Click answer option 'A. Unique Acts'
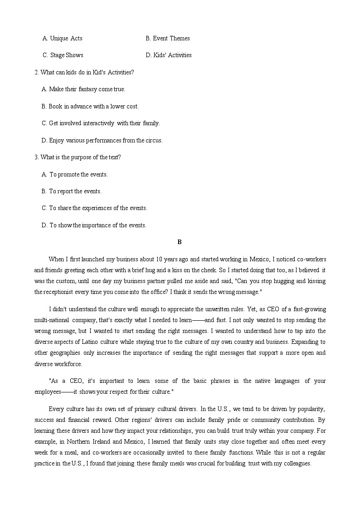[x=62, y=39]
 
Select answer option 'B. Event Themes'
[x=168, y=39]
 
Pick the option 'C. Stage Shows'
[x=63, y=55]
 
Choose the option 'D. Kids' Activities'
[x=169, y=55]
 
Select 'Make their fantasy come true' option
[x=83, y=89]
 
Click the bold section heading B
[x=180, y=242]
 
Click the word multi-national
[x=52, y=320]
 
